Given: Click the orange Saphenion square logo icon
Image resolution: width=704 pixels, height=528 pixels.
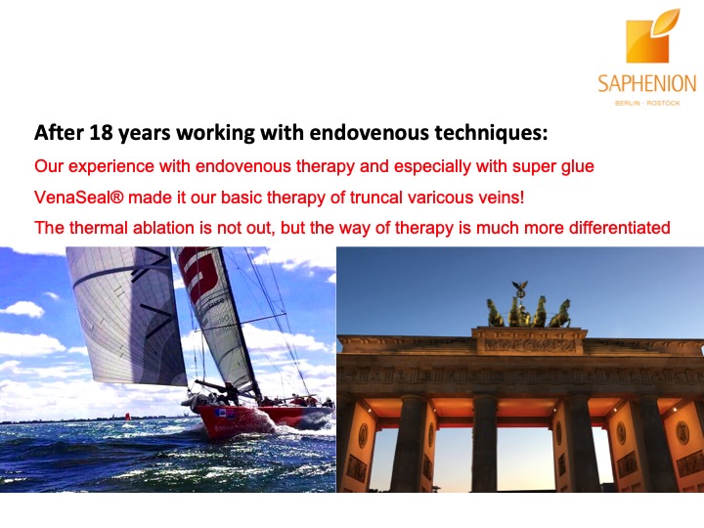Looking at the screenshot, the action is click(651, 37).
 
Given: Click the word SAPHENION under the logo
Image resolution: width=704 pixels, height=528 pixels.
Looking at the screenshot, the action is click(647, 84).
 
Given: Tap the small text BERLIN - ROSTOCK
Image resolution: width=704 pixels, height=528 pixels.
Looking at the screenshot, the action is click(647, 104).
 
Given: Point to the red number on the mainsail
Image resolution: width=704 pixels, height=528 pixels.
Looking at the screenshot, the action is click(200, 274).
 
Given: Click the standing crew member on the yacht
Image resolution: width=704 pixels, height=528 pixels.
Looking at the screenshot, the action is click(231, 393).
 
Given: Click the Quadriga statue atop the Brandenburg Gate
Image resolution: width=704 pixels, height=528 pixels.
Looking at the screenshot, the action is click(529, 308).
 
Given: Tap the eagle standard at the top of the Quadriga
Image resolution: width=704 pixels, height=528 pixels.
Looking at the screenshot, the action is click(520, 287).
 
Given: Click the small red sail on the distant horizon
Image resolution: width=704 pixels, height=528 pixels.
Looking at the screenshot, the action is click(128, 417).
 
